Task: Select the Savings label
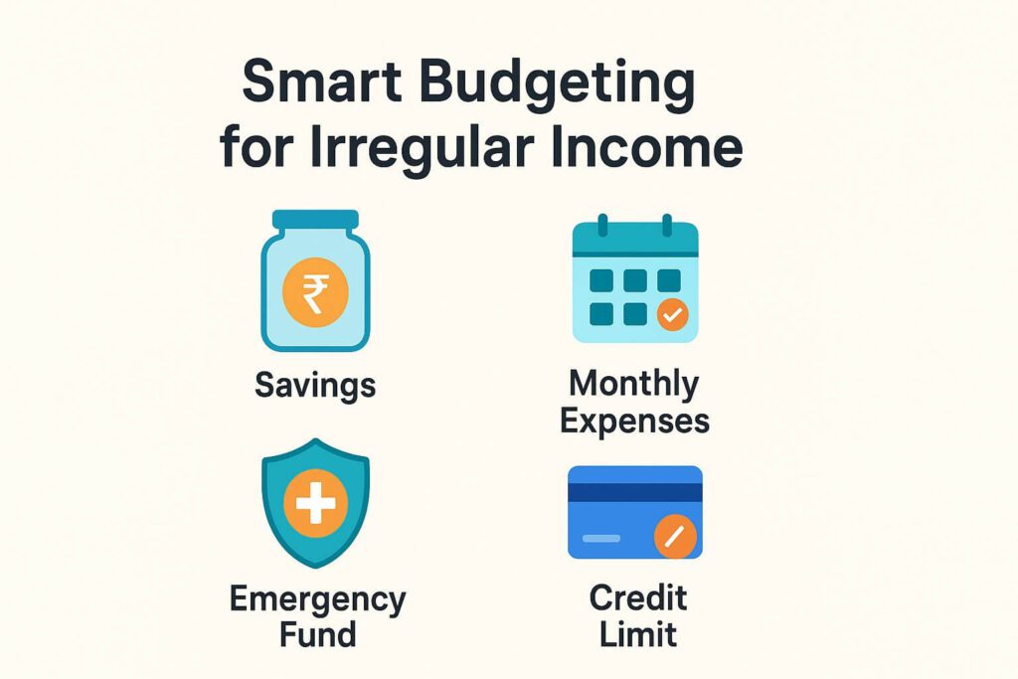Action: (x=315, y=385)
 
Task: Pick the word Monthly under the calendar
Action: (x=634, y=384)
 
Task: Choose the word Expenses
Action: (x=634, y=421)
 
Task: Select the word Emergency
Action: (x=317, y=600)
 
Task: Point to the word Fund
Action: (x=317, y=634)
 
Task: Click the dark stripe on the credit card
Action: (x=634, y=492)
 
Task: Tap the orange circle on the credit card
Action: (x=675, y=538)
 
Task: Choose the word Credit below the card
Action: (x=637, y=598)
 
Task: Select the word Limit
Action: (x=637, y=633)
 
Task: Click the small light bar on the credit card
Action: (x=600, y=539)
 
